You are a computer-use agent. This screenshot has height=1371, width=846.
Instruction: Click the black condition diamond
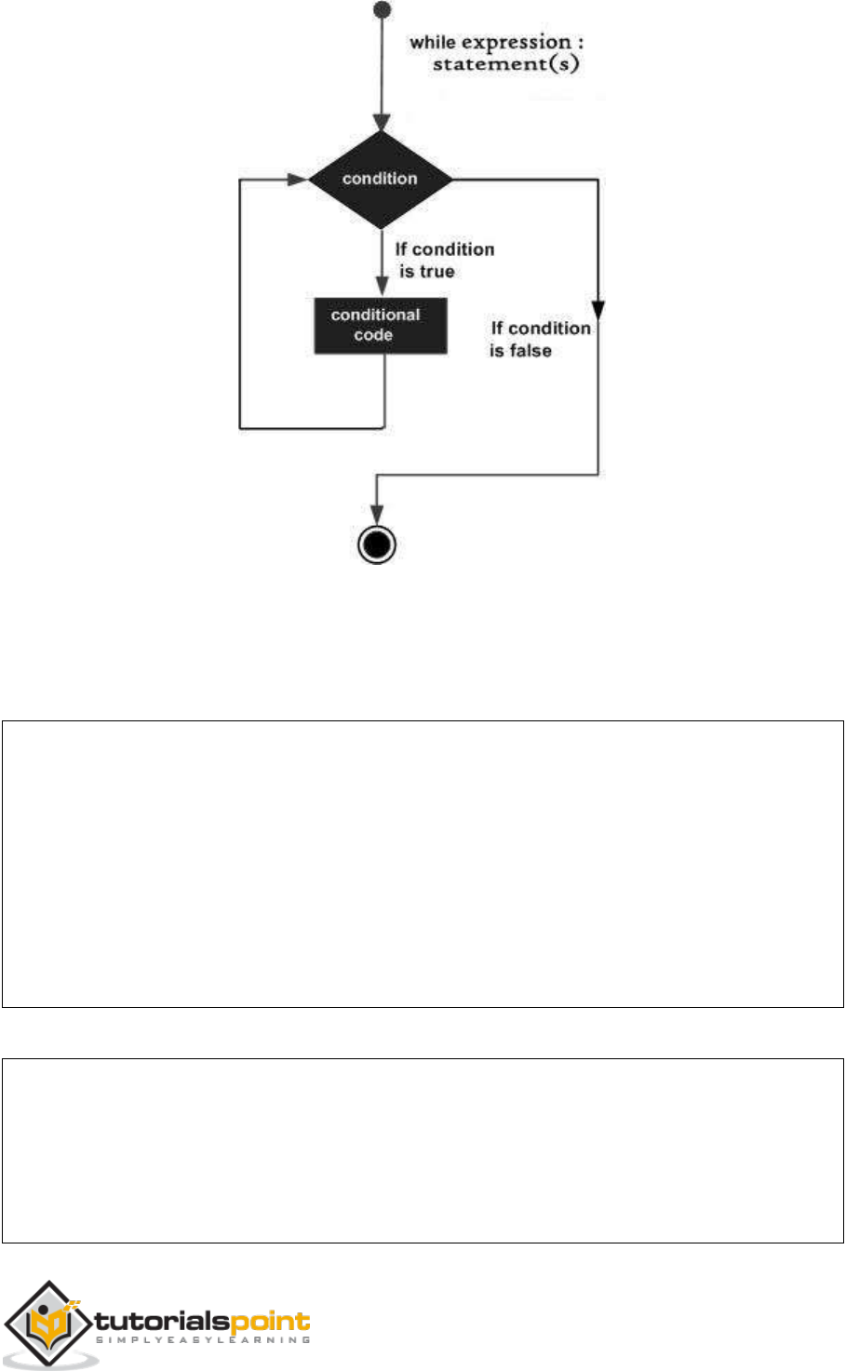coord(380,180)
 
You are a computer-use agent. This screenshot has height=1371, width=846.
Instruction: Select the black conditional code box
coord(380,325)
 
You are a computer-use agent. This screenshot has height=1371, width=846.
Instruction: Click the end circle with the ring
coord(377,544)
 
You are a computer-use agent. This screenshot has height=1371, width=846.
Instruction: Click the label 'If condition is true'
coord(443,261)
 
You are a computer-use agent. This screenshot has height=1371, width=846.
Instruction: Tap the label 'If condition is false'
coord(540,340)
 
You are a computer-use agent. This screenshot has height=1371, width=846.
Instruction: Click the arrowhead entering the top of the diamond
coord(380,124)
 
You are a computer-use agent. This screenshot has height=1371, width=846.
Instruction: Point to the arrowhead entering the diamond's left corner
coord(300,179)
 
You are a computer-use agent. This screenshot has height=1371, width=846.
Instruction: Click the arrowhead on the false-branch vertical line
coord(598,309)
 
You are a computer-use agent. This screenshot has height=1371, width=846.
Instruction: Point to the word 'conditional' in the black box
coord(375,315)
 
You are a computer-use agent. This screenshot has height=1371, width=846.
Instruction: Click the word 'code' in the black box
coord(373,335)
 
